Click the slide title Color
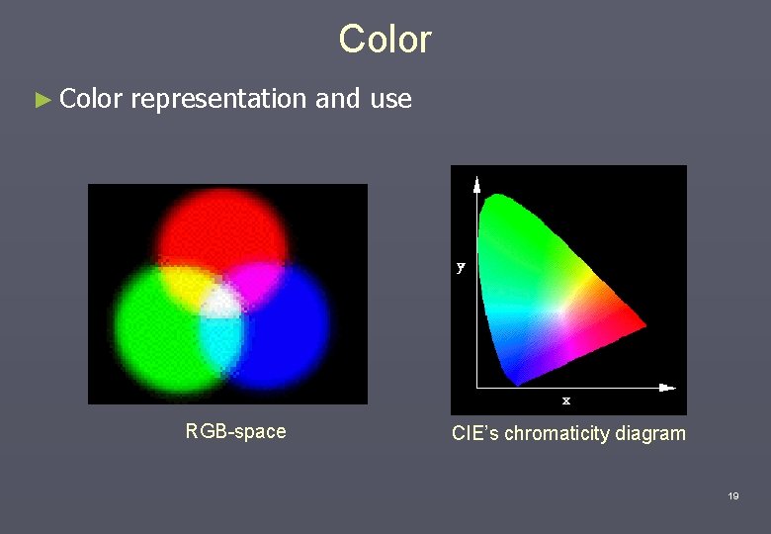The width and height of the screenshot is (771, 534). click(385, 40)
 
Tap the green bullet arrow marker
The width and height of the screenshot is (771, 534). click(41, 100)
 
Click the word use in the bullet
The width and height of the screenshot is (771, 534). click(390, 99)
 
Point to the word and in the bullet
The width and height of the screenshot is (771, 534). click(338, 99)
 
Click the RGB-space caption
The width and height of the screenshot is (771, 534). click(235, 431)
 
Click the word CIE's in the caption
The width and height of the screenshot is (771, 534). click(475, 433)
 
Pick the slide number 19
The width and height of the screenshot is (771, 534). click(732, 496)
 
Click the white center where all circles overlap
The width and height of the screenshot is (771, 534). click(223, 301)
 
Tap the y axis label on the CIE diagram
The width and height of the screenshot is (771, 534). click(461, 267)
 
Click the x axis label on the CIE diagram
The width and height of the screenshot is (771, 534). click(566, 400)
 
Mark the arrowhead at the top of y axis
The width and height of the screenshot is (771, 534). click(476, 182)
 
